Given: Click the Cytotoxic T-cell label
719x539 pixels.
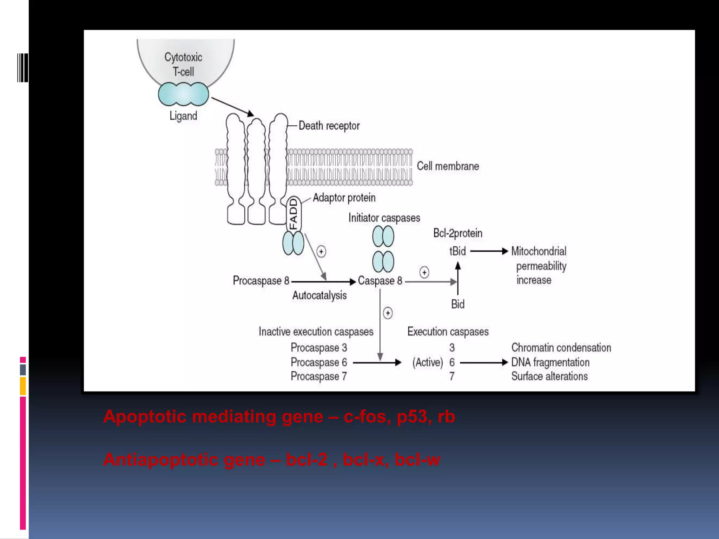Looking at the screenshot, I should tap(183, 64).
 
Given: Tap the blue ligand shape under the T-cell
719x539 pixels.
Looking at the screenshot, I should tap(183, 94).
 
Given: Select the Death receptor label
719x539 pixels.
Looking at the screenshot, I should tap(329, 126).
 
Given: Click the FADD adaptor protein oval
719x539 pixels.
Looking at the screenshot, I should tap(293, 214).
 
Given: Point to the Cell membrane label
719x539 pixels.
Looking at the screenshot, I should tap(448, 166).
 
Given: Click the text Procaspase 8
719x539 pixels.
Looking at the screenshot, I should tap(261, 281).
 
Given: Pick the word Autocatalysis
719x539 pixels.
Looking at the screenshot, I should tap(319, 295).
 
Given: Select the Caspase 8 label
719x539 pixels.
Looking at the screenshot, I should tap(380, 281).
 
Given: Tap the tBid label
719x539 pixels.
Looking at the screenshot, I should tap(457, 251).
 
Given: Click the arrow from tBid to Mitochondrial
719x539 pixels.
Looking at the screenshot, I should tap(489, 251).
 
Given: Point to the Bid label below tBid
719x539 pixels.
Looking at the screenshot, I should tap(457, 304).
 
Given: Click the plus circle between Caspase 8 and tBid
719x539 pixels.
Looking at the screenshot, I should tap(424, 272).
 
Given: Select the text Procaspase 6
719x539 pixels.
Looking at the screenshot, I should tap(318, 362).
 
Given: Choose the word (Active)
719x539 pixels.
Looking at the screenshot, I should tap(428, 362).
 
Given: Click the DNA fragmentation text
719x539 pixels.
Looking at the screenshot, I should tap(550, 362).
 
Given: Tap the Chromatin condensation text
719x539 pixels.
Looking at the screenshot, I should tap(561, 347).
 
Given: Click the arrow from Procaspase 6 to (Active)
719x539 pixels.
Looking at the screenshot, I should tap(376, 362).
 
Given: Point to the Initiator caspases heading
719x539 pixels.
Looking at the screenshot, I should tap(384, 218).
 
